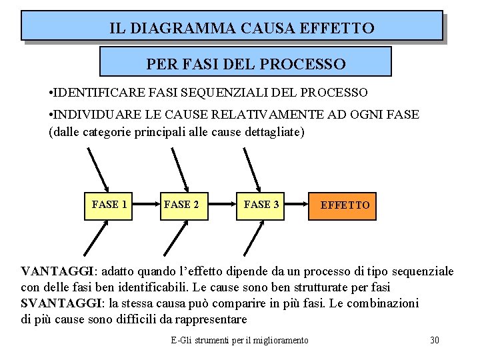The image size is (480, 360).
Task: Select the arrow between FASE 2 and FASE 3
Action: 221,205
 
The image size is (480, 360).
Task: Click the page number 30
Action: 435,341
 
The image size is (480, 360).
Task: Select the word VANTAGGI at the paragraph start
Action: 59,272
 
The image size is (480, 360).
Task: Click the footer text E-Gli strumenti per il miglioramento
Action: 239,341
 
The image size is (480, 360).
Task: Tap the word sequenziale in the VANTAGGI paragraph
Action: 423,272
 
